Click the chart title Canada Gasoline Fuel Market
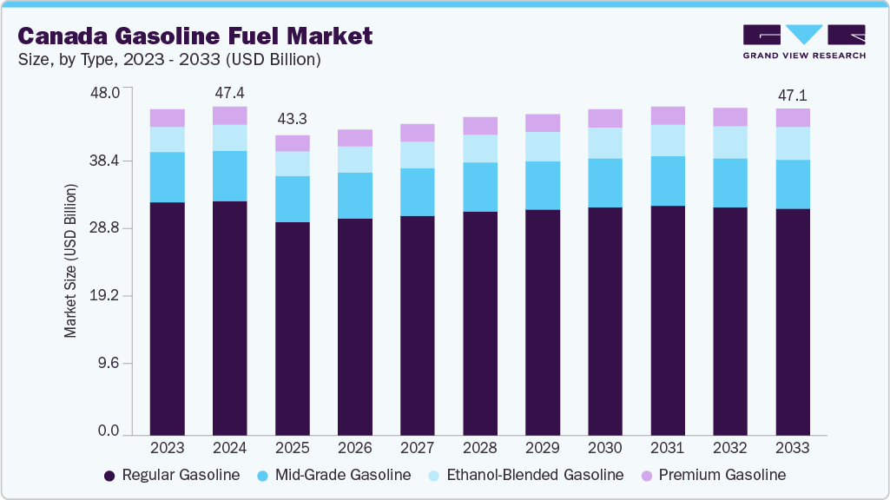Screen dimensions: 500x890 click(195, 36)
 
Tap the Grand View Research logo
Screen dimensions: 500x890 click(804, 42)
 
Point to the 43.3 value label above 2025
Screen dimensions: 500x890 click(293, 119)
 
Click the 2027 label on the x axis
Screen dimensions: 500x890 click(418, 449)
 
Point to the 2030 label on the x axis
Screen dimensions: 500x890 click(605, 449)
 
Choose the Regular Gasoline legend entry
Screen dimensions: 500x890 click(171, 475)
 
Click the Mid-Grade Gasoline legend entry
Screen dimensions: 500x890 click(335, 475)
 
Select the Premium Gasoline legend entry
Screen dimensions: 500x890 click(713, 475)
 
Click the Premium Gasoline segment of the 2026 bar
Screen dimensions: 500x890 click(355, 138)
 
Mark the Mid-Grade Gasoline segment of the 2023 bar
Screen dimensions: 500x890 click(168, 177)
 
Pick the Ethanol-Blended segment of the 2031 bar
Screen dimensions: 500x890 click(668, 141)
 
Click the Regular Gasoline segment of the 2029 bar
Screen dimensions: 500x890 click(543, 322)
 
